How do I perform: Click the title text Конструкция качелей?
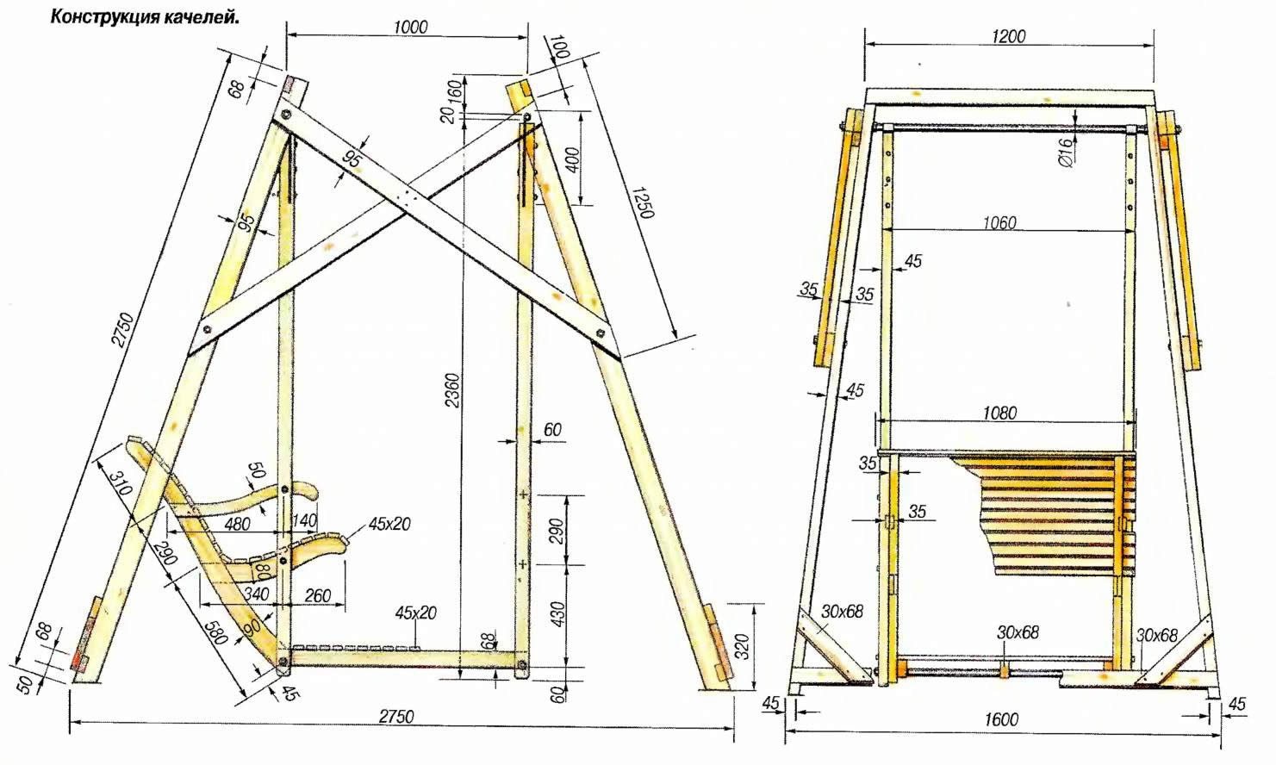coord(145,17)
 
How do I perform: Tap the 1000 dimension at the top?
coord(410,27)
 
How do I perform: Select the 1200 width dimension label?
coord(1008,36)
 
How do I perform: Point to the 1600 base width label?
coord(1001,719)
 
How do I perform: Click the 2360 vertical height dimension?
coord(452,390)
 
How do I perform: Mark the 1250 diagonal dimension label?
coord(641,202)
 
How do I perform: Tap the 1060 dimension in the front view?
coord(999,222)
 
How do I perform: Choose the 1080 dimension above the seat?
coord(999,413)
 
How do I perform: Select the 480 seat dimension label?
coord(236,524)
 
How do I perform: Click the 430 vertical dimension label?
coord(557,614)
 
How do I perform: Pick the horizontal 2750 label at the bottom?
coord(396,716)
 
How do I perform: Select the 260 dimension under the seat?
coord(317,595)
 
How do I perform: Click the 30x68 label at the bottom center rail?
coord(1018,632)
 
